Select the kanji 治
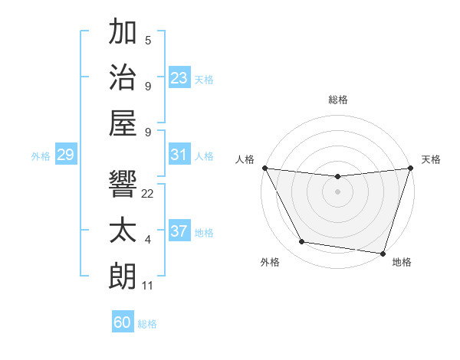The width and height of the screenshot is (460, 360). click(x=123, y=77)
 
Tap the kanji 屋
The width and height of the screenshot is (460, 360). click(x=123, y=123)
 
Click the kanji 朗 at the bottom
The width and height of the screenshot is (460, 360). click(x=123, y=276)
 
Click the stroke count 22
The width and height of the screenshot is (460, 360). click(x=148, y=194)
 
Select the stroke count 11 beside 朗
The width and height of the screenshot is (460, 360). click(x=148, y=286)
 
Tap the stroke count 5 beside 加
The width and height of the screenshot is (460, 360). click(x=148, y=41)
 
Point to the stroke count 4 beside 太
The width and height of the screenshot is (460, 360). click(x=148, y=240)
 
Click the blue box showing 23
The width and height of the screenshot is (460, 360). click(x=179, y=77)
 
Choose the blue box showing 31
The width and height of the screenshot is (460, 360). click(x=179, y=155)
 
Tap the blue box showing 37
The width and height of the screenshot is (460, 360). click(x=179, y=231)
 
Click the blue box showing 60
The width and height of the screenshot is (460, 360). click(x=123, y=322)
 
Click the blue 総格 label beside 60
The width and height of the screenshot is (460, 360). click(x=147, y=324)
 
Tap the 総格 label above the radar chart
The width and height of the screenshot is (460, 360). click(x=338, y=100)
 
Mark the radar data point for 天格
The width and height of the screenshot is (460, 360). click(x=410, y=168)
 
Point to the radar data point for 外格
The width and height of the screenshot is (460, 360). click(x=301, y=242)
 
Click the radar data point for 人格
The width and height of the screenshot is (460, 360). click(x=264, y=168)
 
